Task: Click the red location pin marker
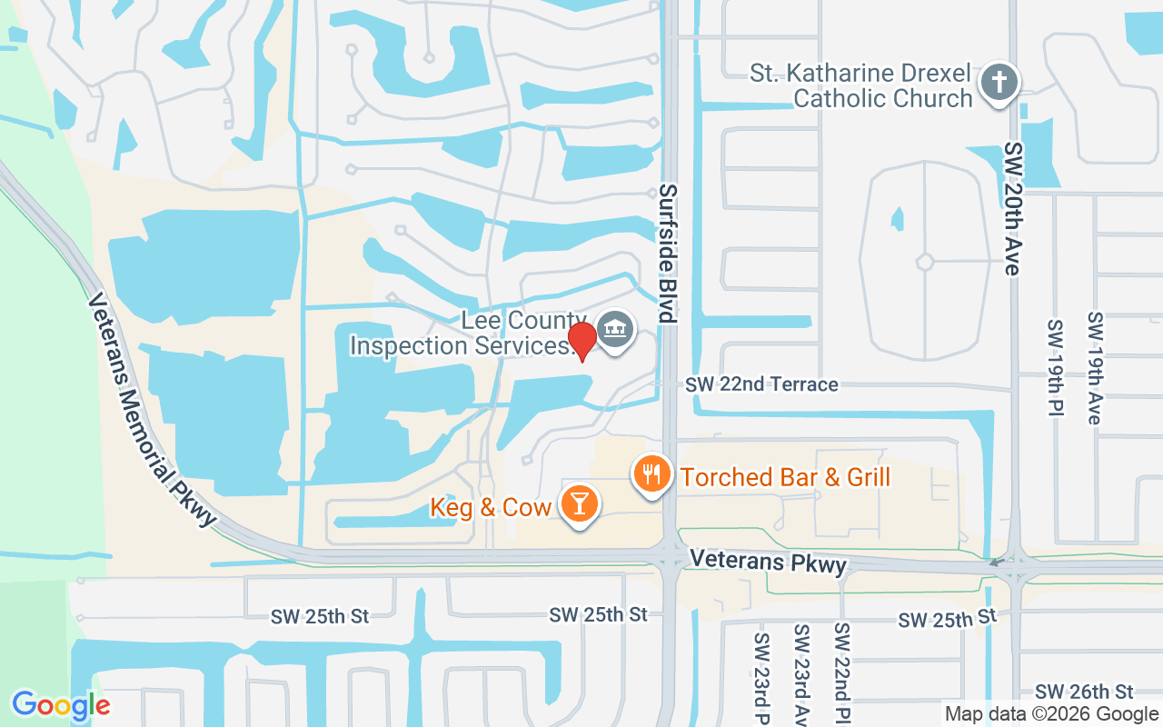(582, 340)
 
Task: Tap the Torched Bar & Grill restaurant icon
(651, 473)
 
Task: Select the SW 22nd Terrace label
(761, 384)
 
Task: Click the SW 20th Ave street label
(1014, 208)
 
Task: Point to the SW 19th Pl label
(1054, 367)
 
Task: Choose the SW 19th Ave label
(1095, 367)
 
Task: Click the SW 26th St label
(1084, 692)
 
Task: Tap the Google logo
(61, 704)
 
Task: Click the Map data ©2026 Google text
(1050, 714)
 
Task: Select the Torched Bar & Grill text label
(785, 477)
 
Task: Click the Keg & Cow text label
(492, 506)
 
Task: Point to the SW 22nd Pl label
(842, 672)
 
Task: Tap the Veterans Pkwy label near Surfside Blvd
(768, 561)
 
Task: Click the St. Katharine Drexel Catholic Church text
(860, 85)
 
